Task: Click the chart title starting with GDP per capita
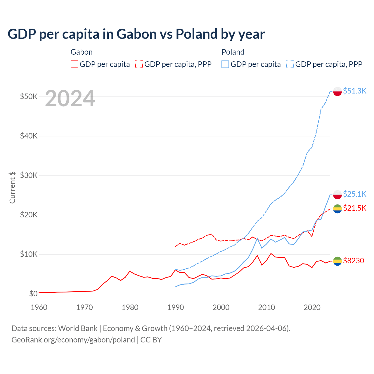tap(136, 34)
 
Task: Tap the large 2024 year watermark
tap(70, 99)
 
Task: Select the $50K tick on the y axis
tap(29, 96)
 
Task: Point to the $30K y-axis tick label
tap(29, 175)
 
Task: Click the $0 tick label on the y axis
tap(33, 294)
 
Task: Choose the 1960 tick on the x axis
tap(39, 307)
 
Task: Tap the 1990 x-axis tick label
tap(175, 307)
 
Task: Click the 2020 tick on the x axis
tap(312, 307)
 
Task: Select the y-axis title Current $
tap(12, 187)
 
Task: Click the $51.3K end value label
tap(354, 91)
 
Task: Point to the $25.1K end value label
tap(354, 194)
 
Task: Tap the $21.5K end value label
tap(354, 208)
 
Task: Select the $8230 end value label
tap(354, 261)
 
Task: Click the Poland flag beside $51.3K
tap(337, 91)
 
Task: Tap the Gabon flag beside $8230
tap(337, 261)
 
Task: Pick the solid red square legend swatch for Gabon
tap(75, 64)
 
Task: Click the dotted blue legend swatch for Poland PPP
tap(290, 64)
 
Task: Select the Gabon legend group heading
tap(82, 52)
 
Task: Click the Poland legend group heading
tap(233, 52)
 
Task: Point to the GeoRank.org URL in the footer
tap(73, 340)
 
